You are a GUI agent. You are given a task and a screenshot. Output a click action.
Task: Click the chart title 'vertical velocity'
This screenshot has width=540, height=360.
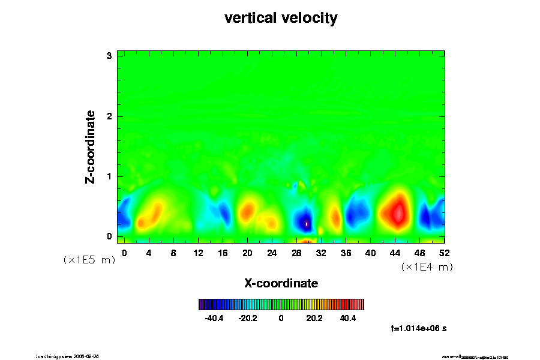pos(281,18)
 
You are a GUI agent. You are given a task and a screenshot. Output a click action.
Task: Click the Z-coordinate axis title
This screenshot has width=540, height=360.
pos(91,146)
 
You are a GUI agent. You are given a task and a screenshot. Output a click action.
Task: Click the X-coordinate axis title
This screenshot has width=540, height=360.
pos(281,283)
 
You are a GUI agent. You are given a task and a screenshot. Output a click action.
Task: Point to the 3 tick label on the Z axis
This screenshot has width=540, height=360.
pos(110,56)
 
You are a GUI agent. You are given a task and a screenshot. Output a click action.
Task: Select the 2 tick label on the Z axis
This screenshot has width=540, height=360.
pos(110,116)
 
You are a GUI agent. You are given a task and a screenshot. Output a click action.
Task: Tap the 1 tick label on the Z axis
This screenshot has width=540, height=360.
pos(110,176)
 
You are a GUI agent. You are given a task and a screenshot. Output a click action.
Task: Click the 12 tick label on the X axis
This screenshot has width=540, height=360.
pos(198,253)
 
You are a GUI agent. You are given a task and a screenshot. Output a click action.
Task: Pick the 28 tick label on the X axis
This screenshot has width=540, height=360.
pos(296,253)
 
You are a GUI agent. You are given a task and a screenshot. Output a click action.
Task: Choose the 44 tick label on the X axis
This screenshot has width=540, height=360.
pos(395,253)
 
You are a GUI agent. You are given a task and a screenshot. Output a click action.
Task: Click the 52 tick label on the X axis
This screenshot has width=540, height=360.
pos(444,253)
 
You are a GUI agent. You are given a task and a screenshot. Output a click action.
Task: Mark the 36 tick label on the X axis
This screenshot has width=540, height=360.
pos(346,253)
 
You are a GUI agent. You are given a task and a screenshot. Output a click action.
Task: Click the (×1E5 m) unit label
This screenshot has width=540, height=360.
pos(89,260)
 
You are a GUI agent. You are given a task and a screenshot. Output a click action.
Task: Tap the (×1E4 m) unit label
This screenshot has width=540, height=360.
pos(427,267)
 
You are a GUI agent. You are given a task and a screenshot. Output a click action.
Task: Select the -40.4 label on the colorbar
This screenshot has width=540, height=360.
pos(214,318)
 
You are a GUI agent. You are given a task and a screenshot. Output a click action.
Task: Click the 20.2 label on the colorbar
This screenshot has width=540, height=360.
pos(314,318)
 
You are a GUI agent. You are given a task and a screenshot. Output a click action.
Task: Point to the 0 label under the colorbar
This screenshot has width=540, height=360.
pos(281,318)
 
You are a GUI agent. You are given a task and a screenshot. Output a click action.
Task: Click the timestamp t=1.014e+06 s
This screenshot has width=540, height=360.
pos(419,329)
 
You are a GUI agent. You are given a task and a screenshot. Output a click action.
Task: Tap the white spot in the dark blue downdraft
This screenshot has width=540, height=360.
pos(306,224)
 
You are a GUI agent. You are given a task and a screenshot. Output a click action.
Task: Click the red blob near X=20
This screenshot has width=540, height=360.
pos(247,211)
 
